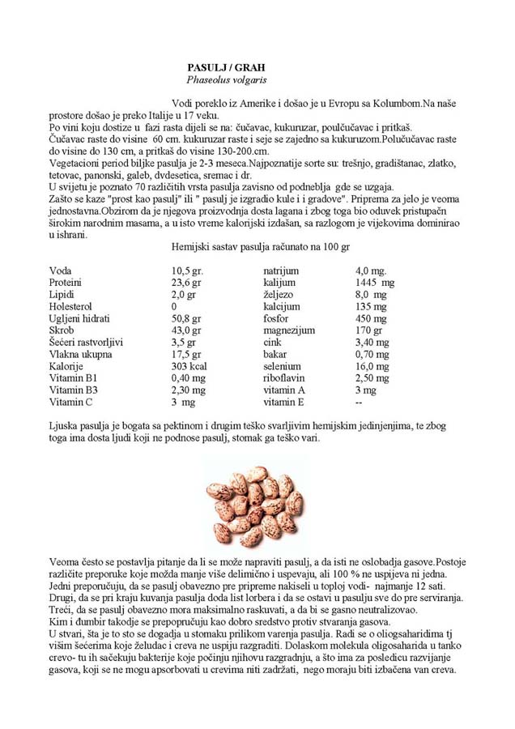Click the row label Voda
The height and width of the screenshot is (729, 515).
click(62, 271)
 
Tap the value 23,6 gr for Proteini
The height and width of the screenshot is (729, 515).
click(187, 283)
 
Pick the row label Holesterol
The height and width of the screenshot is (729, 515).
click(70, 307)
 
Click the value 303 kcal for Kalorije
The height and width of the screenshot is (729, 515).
click(189, 366)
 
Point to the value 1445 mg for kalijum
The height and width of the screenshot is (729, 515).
click(375, 283)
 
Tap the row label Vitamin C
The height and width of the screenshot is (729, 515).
click(71, 402)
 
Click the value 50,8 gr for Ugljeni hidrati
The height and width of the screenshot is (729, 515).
click(186, 318)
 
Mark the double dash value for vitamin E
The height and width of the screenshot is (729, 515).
click(359, 402)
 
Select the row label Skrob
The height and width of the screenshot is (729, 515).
click(62, 330)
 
